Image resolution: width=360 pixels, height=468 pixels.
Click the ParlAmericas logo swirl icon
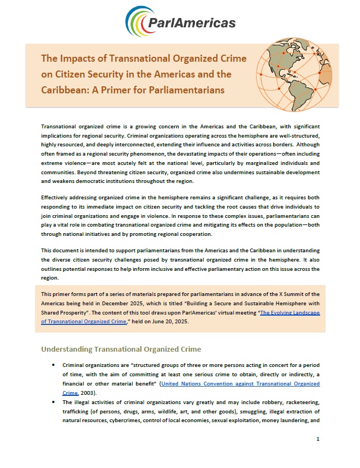[x=138, y=21]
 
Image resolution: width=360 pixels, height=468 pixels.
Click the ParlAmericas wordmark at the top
[x=192, y=22]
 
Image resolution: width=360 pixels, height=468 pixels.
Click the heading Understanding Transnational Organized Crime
[x=121, y=349]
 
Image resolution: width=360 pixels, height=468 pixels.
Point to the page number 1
[x=317, y=439]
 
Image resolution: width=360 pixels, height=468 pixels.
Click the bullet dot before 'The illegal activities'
[x=53, y=402]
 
